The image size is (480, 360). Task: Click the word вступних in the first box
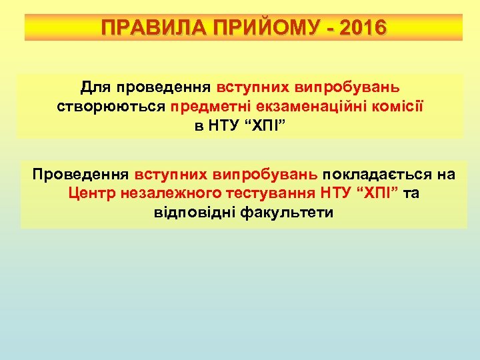(x=249, y=87)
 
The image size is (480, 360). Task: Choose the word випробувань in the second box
(x=265, y=175)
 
